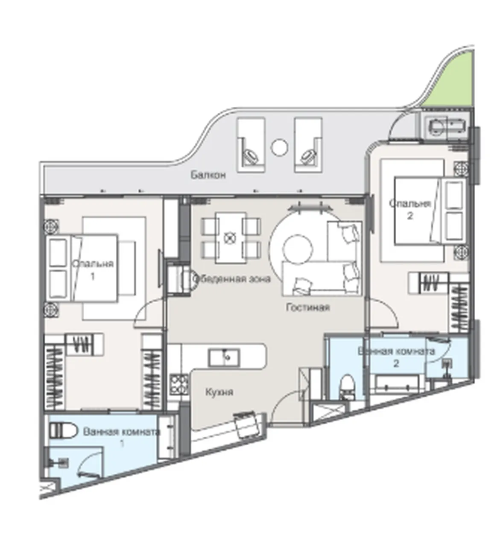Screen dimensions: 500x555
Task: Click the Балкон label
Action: tap(208, 175)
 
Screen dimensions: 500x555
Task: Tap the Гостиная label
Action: tap(308, 307)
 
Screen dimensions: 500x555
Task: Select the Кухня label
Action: tap(219, 392)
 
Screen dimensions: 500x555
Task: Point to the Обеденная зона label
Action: tap(231, 279)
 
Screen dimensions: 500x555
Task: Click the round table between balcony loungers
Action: tap(279, 148)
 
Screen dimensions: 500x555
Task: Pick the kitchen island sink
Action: tap(224, 357)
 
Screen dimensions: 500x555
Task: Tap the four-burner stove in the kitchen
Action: tap(179, 384)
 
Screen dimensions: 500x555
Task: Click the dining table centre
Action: tap(231, 237)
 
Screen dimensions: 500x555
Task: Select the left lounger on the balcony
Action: tap(251, 145)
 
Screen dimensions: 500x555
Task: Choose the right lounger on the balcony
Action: tap(308, 145)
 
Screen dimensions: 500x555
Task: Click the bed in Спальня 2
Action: tap(430, 211)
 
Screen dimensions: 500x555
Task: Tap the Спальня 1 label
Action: tap(93, 270)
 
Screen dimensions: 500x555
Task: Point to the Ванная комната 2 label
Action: tap(396, 357)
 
